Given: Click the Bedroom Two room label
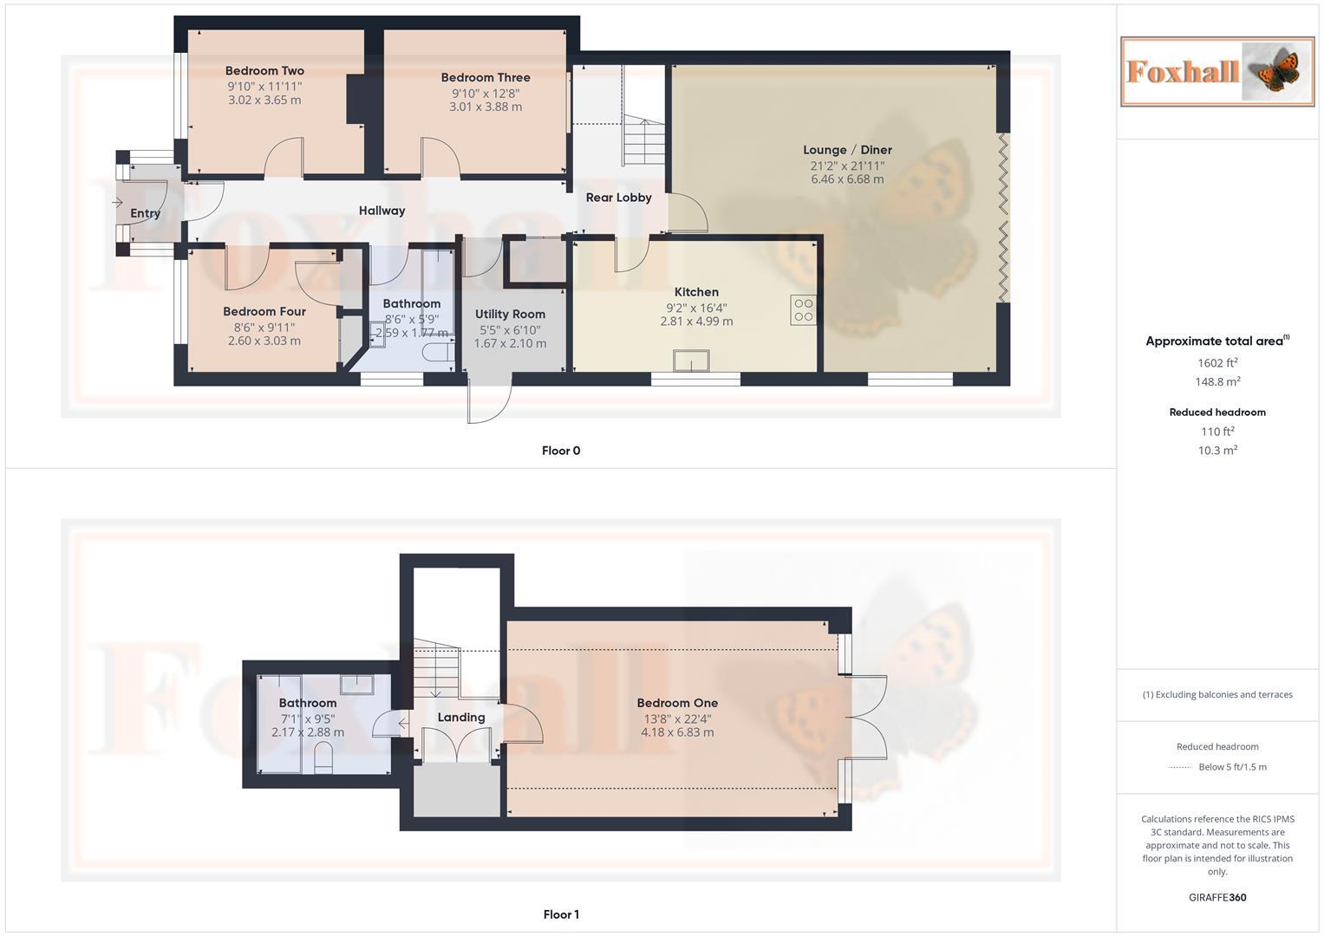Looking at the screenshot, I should pos(264,71).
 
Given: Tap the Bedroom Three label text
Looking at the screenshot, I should pos(485,77).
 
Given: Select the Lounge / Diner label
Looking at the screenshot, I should pos(847,150).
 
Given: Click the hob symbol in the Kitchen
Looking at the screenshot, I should pos(803,310).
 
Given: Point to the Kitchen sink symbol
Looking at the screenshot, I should pos(691,361).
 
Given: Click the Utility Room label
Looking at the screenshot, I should pos(510,315).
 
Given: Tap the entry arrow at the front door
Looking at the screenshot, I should pos(118,202).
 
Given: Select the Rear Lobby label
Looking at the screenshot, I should pos(618,198).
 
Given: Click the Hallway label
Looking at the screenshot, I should pos(382,211).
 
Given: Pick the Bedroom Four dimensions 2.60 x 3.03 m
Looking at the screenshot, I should pos(264,341).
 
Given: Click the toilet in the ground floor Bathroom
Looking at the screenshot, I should pos(437,353).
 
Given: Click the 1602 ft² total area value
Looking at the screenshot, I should pos(1217,363).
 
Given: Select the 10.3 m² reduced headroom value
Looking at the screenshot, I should pos(1217,451).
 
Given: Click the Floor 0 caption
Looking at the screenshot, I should pos(561,451).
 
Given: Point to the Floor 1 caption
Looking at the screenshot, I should pos(561,914).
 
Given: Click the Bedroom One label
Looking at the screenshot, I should pos(677,703).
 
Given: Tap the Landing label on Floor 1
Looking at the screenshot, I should pos(460,718).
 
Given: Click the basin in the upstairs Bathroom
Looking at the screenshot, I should pos(356,685).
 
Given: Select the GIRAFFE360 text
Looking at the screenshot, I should pos(1217,898).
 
